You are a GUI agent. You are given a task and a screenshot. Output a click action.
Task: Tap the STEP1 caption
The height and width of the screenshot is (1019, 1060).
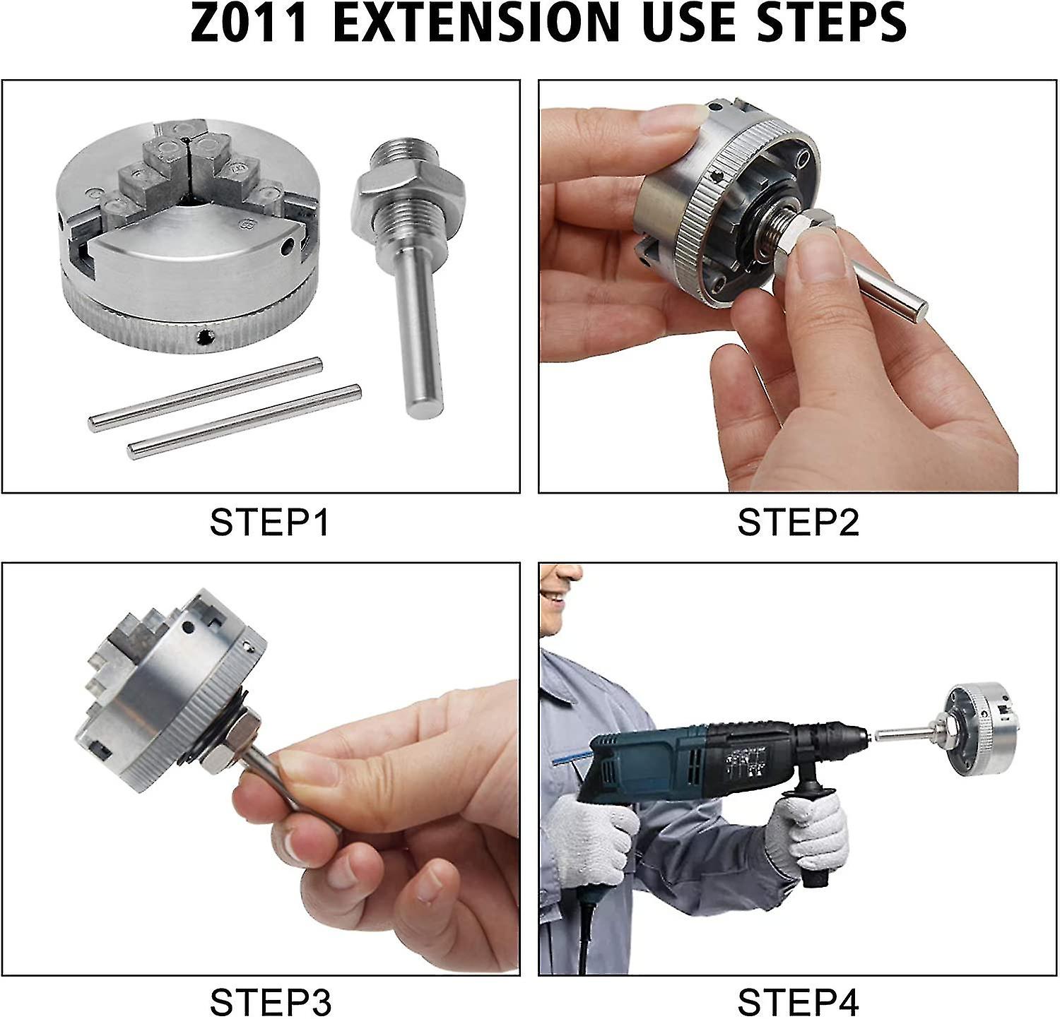269,523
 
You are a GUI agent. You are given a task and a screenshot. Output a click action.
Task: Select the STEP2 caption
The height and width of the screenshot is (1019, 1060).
798,523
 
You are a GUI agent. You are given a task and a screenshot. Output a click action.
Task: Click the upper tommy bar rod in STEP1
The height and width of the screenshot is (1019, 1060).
206,394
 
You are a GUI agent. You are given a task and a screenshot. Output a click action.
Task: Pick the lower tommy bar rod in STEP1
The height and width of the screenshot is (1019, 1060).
245,422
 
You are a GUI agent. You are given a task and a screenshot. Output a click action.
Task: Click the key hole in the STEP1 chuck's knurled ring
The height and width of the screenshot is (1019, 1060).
206,337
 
